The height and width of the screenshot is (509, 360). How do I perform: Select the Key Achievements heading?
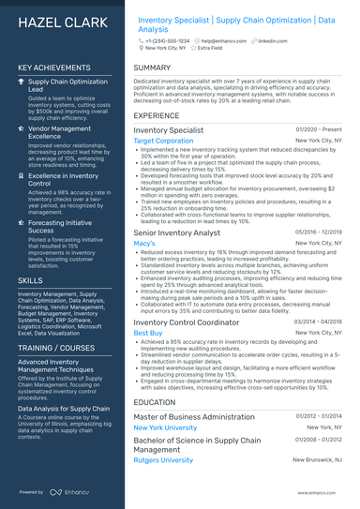[53, 68]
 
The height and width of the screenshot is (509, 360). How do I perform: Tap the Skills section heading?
[30, 280]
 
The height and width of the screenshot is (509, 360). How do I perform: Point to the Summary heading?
[152, 68]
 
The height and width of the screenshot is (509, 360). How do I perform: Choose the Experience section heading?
[157, 115]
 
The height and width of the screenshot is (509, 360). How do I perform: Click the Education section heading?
[155, 401]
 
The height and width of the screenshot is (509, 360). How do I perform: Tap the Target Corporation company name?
[163, 141]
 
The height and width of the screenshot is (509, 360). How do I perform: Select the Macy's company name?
[144, 243]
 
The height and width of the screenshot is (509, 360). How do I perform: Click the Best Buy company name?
[148, 333]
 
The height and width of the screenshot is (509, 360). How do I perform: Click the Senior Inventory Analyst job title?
[176, 232]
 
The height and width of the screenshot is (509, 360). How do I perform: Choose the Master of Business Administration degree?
[194, 415]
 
